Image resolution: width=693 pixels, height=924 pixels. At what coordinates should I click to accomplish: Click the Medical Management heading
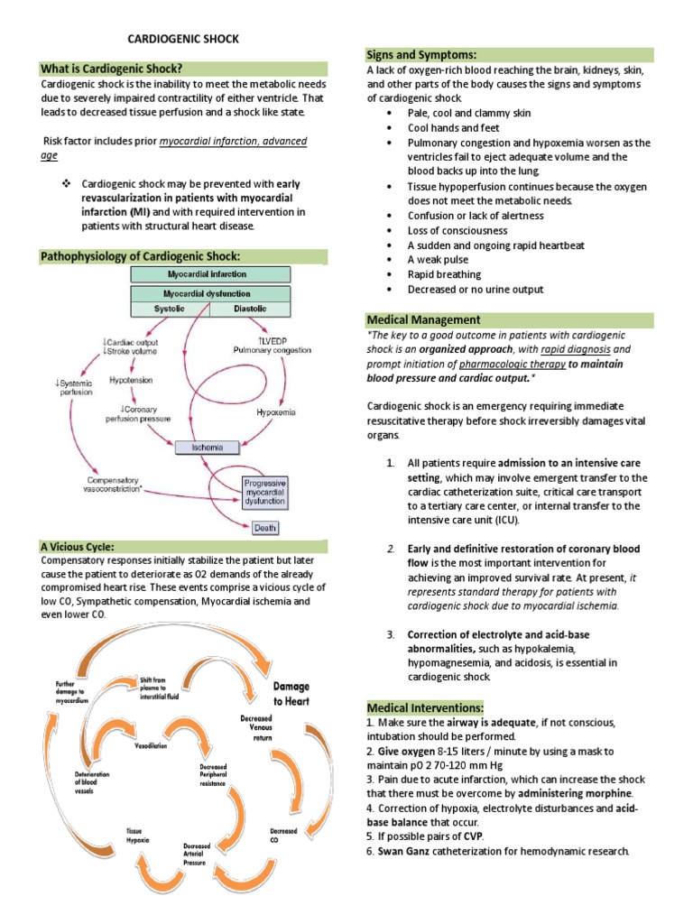click(423, 319)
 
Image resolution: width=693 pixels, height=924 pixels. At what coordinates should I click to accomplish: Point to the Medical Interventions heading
click(425, 707)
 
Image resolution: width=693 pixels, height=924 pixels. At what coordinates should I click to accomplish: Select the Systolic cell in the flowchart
click(170, 309)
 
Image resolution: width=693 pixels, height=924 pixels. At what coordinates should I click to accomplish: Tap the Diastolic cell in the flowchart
click(250, 309)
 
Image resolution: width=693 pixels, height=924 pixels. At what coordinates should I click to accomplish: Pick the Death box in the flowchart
click(264, 527)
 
